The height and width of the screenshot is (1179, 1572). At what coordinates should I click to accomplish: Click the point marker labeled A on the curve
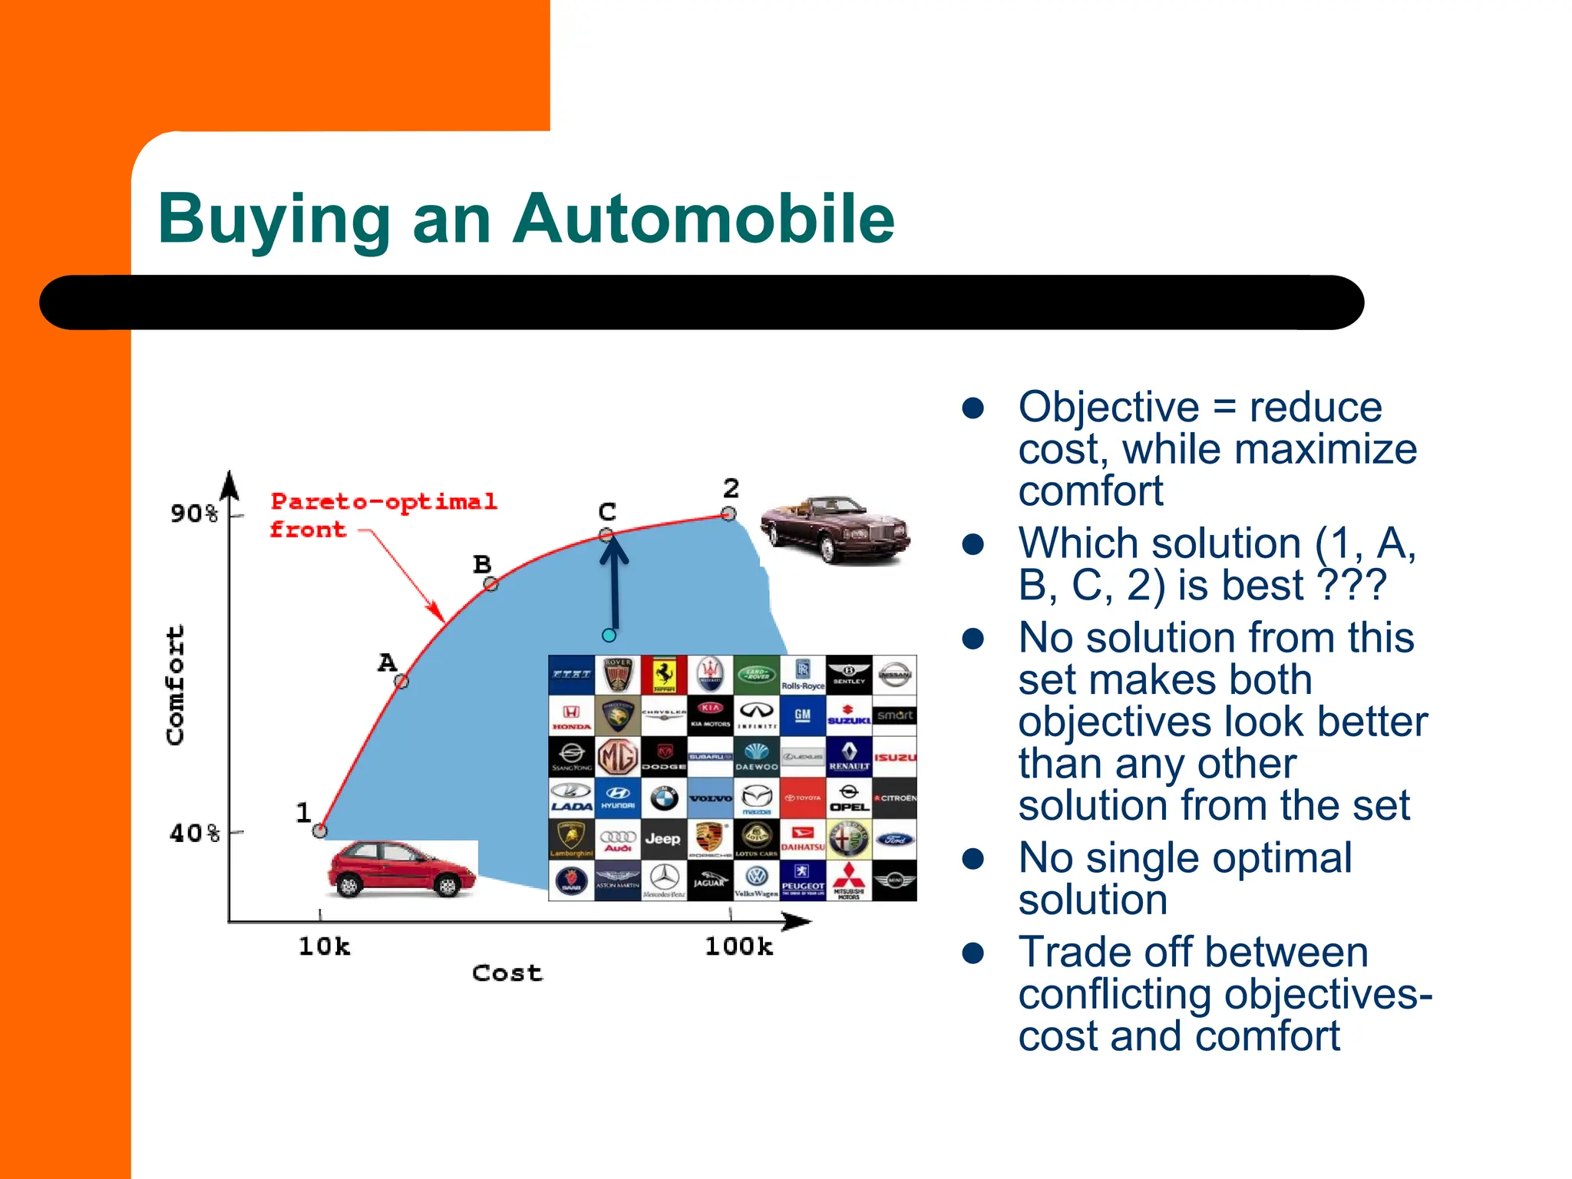[x=401, y=680]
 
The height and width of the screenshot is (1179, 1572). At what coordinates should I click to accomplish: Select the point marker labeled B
[x=491, y=584]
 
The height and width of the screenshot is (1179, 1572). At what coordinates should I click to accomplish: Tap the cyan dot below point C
[x=609, y=635]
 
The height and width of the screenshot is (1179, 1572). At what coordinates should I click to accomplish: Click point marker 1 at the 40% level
[x=320, y=831]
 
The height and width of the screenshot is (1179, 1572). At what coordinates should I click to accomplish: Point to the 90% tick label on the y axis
[x=194, y=514]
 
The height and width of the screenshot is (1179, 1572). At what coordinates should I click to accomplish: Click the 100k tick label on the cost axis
[x=738, y=946]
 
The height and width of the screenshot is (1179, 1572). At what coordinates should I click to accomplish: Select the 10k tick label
[x=324, y=946]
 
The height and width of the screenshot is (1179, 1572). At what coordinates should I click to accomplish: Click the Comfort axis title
[x=176, y=685]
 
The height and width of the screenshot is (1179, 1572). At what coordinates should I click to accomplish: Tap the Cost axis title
[x=507, y=973]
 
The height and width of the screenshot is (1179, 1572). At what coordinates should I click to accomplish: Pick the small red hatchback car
[x=401, y=870]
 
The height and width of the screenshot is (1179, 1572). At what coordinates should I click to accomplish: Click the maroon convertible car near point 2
[x=835, y=529]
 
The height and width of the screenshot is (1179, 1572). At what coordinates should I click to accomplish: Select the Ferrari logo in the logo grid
[x=664, y=675]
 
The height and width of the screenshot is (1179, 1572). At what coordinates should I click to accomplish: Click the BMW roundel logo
[x=664, y=799]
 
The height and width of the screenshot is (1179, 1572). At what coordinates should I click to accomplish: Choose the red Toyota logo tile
[x=803, y=798]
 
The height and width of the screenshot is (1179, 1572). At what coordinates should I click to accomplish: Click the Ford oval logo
[x=895, y=839]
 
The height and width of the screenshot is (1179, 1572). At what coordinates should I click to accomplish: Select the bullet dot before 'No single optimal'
[x=973, y=859]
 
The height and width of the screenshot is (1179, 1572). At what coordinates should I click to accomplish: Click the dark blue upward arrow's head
[x=613, y=547]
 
